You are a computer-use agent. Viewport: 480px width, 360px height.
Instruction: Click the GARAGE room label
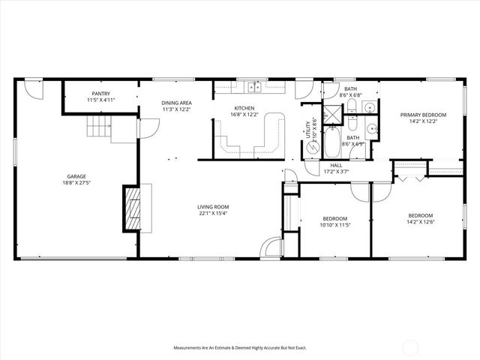click(73, 176)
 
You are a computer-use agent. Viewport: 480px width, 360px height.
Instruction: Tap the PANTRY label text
click(101, 94)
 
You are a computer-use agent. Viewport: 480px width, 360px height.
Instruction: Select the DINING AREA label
click(177, 103)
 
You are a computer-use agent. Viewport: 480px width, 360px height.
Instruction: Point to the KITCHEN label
click(244, 109)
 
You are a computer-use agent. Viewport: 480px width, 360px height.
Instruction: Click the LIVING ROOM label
click(213, 207)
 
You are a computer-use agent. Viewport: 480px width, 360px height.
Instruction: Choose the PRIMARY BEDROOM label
click(423, 115)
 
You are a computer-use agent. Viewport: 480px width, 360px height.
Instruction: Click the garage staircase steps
click(98, 127)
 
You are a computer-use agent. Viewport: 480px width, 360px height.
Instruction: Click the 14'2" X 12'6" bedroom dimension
click(421, 221)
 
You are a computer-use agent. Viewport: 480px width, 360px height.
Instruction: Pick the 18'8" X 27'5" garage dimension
click(73, 182)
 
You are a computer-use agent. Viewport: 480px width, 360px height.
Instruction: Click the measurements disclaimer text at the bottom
click(239, 347)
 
